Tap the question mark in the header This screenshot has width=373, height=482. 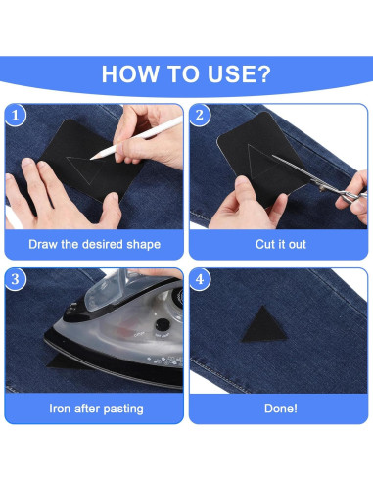point(264,74)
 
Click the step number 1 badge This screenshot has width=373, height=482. point(15,115)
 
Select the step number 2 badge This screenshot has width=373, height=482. point(200,115)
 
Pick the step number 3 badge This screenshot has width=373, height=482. point(15,279)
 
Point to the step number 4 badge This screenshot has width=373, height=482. point(200,279)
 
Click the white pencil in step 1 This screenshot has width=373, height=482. point(136,137)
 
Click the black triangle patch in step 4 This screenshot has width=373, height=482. point(264,326)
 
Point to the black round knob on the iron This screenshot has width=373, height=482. point(163,325)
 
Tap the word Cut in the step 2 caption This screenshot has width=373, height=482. point(264,244)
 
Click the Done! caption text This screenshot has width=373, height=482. point(281,409)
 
